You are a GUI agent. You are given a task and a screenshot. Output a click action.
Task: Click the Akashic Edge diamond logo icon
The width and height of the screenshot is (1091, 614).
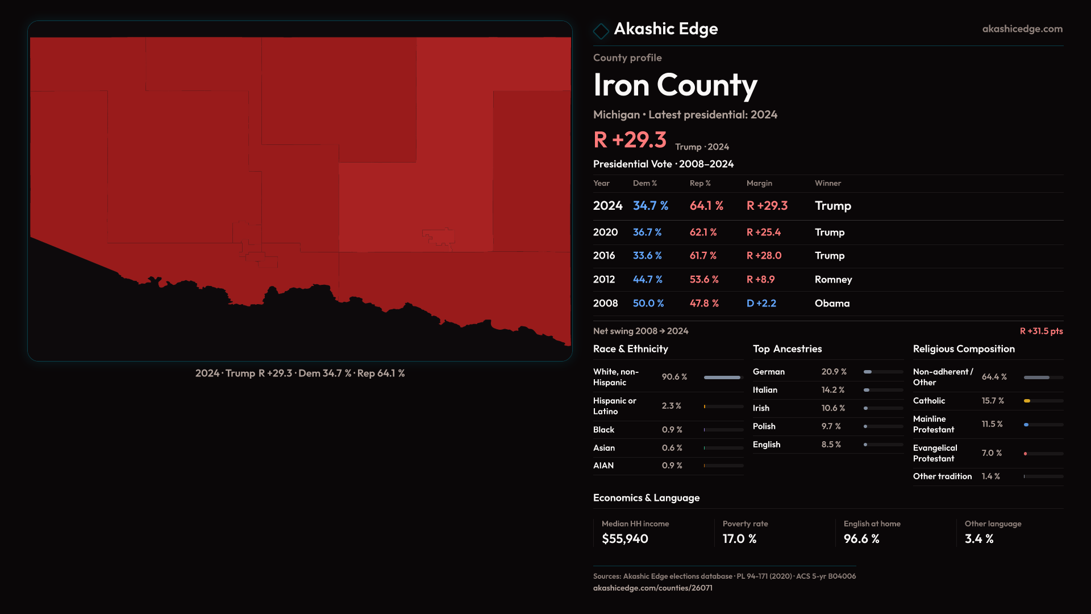[x=601, y=31]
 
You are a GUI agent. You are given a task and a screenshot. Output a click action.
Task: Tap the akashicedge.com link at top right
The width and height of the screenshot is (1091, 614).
[x=1022, y=29]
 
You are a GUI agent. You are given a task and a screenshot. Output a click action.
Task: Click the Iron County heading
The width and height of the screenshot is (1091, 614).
[x=675, y=85]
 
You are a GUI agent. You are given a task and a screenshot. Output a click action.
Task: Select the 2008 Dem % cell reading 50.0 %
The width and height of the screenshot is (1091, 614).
[x=648, y=304]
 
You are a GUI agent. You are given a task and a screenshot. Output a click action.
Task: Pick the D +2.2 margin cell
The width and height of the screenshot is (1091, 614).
[x=761, y=304]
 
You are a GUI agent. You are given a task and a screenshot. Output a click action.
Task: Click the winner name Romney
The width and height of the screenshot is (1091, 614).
[x=833, y=280]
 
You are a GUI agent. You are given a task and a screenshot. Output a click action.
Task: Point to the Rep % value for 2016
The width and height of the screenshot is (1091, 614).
[x=703, y=256]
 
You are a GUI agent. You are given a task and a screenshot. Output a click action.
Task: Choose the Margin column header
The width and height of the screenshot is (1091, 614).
[x=759, y=183]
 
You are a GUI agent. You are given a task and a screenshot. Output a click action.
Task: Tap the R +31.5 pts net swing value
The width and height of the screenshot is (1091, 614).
[x=1041, y=331]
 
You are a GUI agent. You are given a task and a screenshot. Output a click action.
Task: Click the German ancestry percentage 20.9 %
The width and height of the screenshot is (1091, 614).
[x=834, y=372]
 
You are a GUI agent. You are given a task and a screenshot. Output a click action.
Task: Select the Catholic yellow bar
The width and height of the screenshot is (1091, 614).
[x=1027, y=401]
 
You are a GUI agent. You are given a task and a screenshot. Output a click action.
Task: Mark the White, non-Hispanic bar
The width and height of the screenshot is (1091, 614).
[x=722, y=377]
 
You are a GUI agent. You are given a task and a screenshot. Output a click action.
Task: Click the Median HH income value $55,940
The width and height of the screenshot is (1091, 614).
[x=624, y=539]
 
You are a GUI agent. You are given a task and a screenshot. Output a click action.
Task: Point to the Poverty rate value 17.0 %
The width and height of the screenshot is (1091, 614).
[x=739, y=539]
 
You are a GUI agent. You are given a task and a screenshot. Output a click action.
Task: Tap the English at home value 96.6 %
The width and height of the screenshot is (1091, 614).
[x=861, y=539]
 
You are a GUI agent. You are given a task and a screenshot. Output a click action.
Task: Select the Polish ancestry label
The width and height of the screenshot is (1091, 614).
[x=764, y=426]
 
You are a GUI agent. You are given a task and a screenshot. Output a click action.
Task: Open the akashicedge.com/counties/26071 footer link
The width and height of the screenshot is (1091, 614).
[x=652, y=588]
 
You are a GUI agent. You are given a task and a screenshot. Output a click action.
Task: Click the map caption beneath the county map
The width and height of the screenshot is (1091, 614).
[x=300, y=374]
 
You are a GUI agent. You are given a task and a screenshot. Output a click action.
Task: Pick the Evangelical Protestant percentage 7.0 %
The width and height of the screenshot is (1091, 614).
[x=992, y=453]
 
